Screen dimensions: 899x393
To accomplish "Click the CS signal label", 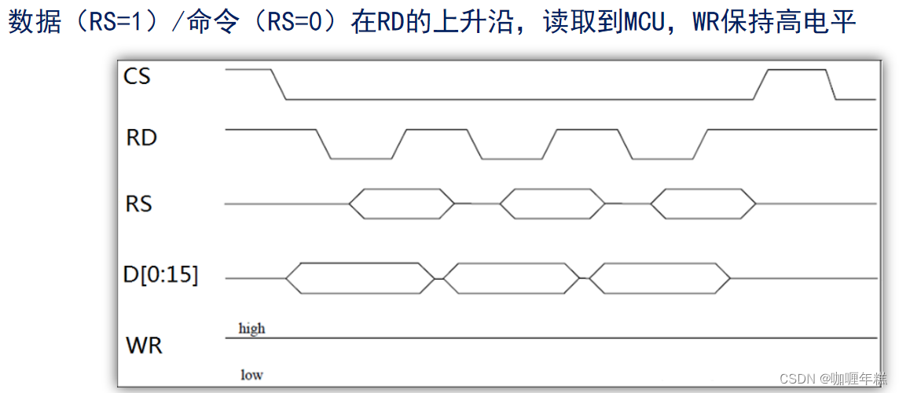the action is (137, 76).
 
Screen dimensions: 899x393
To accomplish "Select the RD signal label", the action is (141, 138).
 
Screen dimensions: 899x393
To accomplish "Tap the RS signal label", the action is (139, 204).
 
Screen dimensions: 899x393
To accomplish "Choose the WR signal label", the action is (144, 344).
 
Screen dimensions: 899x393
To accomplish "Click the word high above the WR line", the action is (251, 329).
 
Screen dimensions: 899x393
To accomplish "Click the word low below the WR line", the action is (251, 375).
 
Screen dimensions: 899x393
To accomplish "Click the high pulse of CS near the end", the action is (797, 71).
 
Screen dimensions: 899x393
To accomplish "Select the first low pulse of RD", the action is (361, 157).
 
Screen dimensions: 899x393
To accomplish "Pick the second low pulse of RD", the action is (512, 157).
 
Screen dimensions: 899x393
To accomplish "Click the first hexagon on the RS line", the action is (402, 204).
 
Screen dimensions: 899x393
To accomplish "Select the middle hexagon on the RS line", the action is (553, 204).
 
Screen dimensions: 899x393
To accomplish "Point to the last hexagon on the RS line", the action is (705, 204).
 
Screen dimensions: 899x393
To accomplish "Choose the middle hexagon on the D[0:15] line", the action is (512, 277).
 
